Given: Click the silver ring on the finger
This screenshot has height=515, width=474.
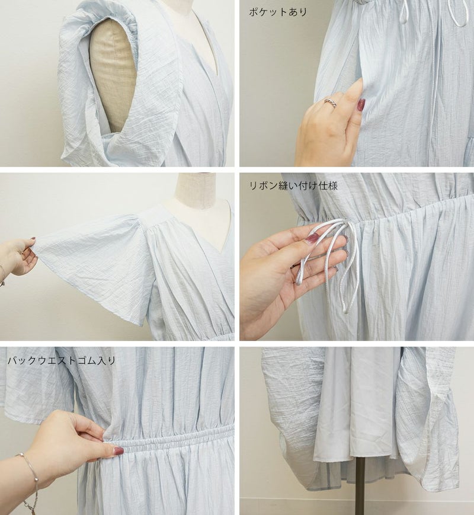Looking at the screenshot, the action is [x=331, y=102].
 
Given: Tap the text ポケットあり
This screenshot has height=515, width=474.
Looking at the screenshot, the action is [x=278, y=12].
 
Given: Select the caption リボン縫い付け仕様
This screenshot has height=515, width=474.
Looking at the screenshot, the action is [x=293, y=186].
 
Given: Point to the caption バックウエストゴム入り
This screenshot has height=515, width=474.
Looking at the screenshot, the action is [x=62, y=361].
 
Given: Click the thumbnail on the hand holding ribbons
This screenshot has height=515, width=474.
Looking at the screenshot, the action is [x=312, y=238].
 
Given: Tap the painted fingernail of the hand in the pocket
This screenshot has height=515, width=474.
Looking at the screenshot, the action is [x=361, y=104].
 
